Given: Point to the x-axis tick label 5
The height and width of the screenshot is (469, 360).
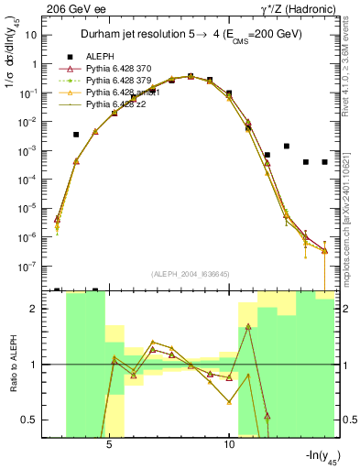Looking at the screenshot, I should click(x=110, y=443).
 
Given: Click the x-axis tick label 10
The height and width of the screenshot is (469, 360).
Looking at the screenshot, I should click(x=229, y=443).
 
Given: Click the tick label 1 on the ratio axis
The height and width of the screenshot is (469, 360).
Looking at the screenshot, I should click(x=40, y=365).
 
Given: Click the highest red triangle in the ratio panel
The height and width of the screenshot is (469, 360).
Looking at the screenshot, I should click(x=248, y=326).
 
